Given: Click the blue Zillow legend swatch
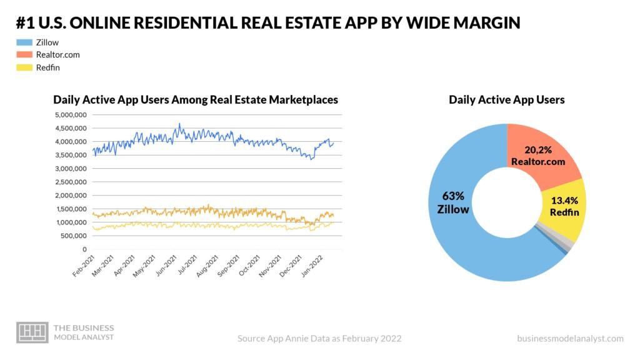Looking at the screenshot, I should [24, 42].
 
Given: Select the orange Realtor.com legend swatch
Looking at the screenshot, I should [24, 55].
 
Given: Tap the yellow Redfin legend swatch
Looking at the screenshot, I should [24, 67].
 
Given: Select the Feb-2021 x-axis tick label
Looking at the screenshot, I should [81, 266].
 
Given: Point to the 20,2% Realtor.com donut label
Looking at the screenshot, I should [537, 156].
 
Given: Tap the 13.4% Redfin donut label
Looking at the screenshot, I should [564, 206].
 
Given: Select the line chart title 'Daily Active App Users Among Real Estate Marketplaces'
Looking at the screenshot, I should [196, 99].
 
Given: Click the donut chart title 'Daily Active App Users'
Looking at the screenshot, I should [507, 99].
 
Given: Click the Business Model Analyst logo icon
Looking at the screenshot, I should [32, 332].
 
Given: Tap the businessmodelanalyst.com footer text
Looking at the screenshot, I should [570, 338].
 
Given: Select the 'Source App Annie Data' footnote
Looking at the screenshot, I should [319, 338].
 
